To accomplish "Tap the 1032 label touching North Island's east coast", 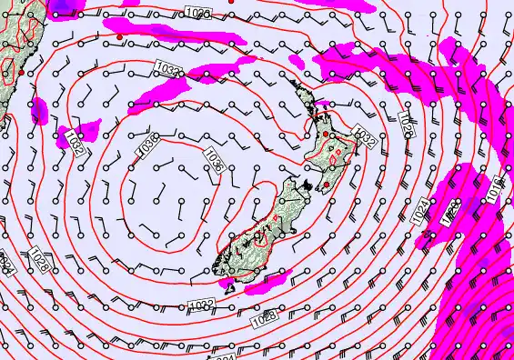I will (x=364, y=136).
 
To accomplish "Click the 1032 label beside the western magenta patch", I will (x=74, y=142).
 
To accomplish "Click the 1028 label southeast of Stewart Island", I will (x=265, y=317).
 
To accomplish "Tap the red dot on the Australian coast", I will (x=20, y=70).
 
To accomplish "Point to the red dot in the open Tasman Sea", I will (x=119, y=36).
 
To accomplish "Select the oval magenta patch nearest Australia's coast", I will (x=40, y=110).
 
